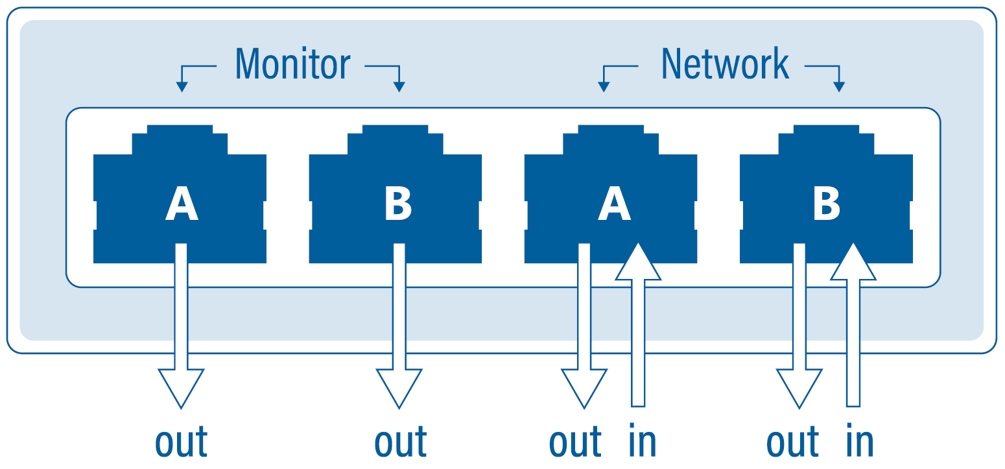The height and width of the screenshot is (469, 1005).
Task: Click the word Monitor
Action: [292, 64]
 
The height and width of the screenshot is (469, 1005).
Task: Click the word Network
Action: [724, 64]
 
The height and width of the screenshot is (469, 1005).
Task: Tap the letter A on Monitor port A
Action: [181, 204]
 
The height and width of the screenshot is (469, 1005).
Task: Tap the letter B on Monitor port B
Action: [397, 204]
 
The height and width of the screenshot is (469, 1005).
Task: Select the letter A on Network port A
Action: [613, 204]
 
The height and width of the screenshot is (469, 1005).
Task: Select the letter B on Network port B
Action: [827, 204]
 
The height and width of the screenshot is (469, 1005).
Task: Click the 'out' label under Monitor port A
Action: [182, 442]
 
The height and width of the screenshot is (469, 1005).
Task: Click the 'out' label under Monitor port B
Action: [400, 442]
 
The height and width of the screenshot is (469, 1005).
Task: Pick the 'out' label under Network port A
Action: [575, 442]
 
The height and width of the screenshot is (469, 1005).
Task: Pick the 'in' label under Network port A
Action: [643, 442]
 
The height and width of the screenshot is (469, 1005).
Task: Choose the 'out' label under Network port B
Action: [792, 442]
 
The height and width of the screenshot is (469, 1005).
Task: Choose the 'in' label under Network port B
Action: [860, 442]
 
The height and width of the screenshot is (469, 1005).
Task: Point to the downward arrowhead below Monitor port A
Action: [181, 386]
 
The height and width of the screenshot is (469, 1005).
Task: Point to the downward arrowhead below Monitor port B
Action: [399, 386]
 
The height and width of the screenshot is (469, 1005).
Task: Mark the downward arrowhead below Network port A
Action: [584, 386]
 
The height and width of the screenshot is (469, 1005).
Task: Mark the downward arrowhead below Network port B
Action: [799, 386]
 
